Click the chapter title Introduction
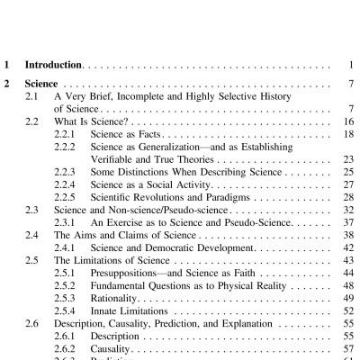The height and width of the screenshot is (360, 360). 53,66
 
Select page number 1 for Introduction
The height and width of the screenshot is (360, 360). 350,66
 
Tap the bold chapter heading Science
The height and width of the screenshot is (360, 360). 41,84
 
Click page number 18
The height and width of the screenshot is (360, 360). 347,132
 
